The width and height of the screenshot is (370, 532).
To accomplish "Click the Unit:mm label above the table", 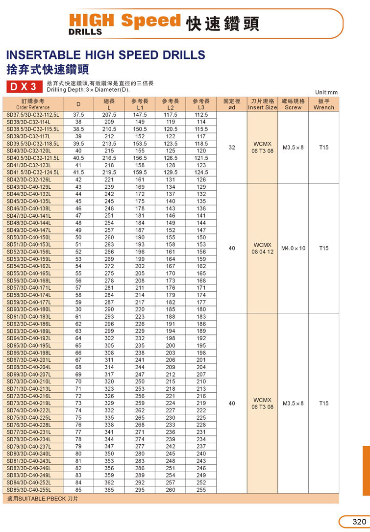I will (327, 92).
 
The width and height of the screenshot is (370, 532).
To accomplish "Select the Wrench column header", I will (323, 104).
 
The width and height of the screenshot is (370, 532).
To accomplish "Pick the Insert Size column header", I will (262, 104).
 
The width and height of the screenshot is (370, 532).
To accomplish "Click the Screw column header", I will (293, 104).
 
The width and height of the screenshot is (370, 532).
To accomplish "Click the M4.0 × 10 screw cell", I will (293, 248).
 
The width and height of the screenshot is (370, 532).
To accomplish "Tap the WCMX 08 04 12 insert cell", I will (262, 248).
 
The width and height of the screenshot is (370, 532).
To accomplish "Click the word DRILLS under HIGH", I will (86, 32).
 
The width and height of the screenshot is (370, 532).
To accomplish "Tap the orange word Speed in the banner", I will (151, 20).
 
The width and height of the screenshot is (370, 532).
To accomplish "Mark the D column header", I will (78, 104).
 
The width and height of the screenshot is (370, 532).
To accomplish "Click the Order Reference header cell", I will (33, 104).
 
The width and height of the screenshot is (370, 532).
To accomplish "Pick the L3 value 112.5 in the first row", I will (201, 115).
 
